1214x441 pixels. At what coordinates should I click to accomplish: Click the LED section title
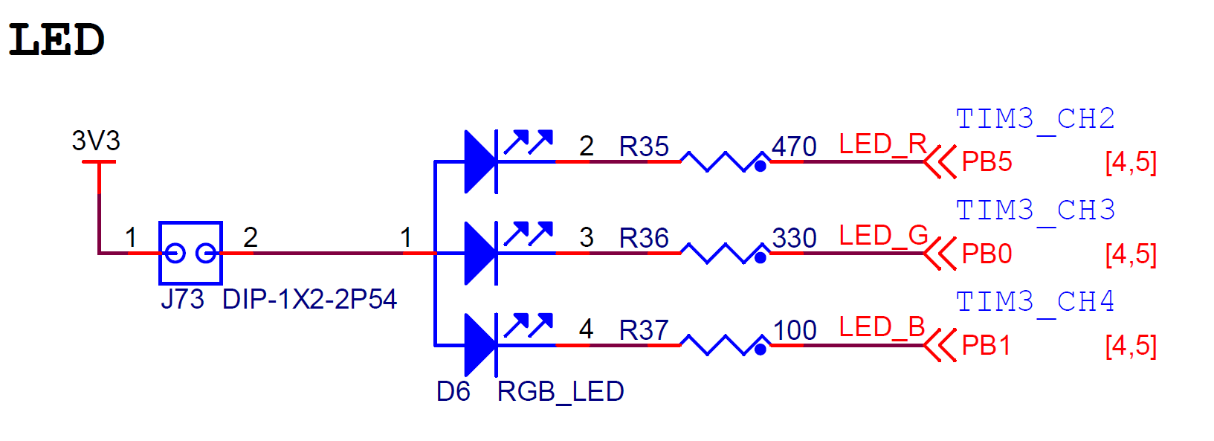56,40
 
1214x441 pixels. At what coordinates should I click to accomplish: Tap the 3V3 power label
96,141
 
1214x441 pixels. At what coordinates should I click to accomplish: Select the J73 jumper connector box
190,253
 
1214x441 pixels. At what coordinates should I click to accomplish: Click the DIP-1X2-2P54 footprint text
309,299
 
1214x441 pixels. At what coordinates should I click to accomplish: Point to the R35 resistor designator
644,147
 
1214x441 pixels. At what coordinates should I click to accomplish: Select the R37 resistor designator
644,330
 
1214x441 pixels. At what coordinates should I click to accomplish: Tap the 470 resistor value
794,147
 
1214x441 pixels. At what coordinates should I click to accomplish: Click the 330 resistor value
794,238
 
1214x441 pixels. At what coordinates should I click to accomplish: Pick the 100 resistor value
795,330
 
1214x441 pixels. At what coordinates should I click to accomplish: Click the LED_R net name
882,144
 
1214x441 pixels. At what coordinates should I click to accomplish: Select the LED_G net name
883,236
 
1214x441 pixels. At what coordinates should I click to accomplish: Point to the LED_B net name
882,327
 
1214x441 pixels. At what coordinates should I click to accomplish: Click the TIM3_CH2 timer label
1035,119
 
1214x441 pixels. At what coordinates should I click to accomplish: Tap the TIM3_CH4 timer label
1035,302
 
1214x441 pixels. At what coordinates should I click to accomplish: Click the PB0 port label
987,254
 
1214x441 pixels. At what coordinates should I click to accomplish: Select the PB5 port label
987,162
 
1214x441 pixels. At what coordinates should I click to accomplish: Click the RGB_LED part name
560,391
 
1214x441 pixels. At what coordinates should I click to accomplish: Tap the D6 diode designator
453,391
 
